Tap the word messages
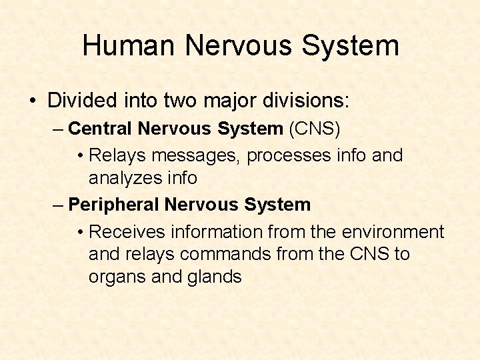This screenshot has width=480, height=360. click(x=197, y=155)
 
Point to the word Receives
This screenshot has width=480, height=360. click(x=129, y=232)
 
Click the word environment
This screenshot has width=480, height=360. click(x=393, y=232)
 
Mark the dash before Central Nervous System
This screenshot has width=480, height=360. click(x=58, y=128)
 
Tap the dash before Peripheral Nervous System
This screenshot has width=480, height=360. click(x=58, y=205)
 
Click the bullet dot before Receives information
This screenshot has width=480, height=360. click(x=80, y=233)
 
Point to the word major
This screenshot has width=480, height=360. click(x=227, y=101)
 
